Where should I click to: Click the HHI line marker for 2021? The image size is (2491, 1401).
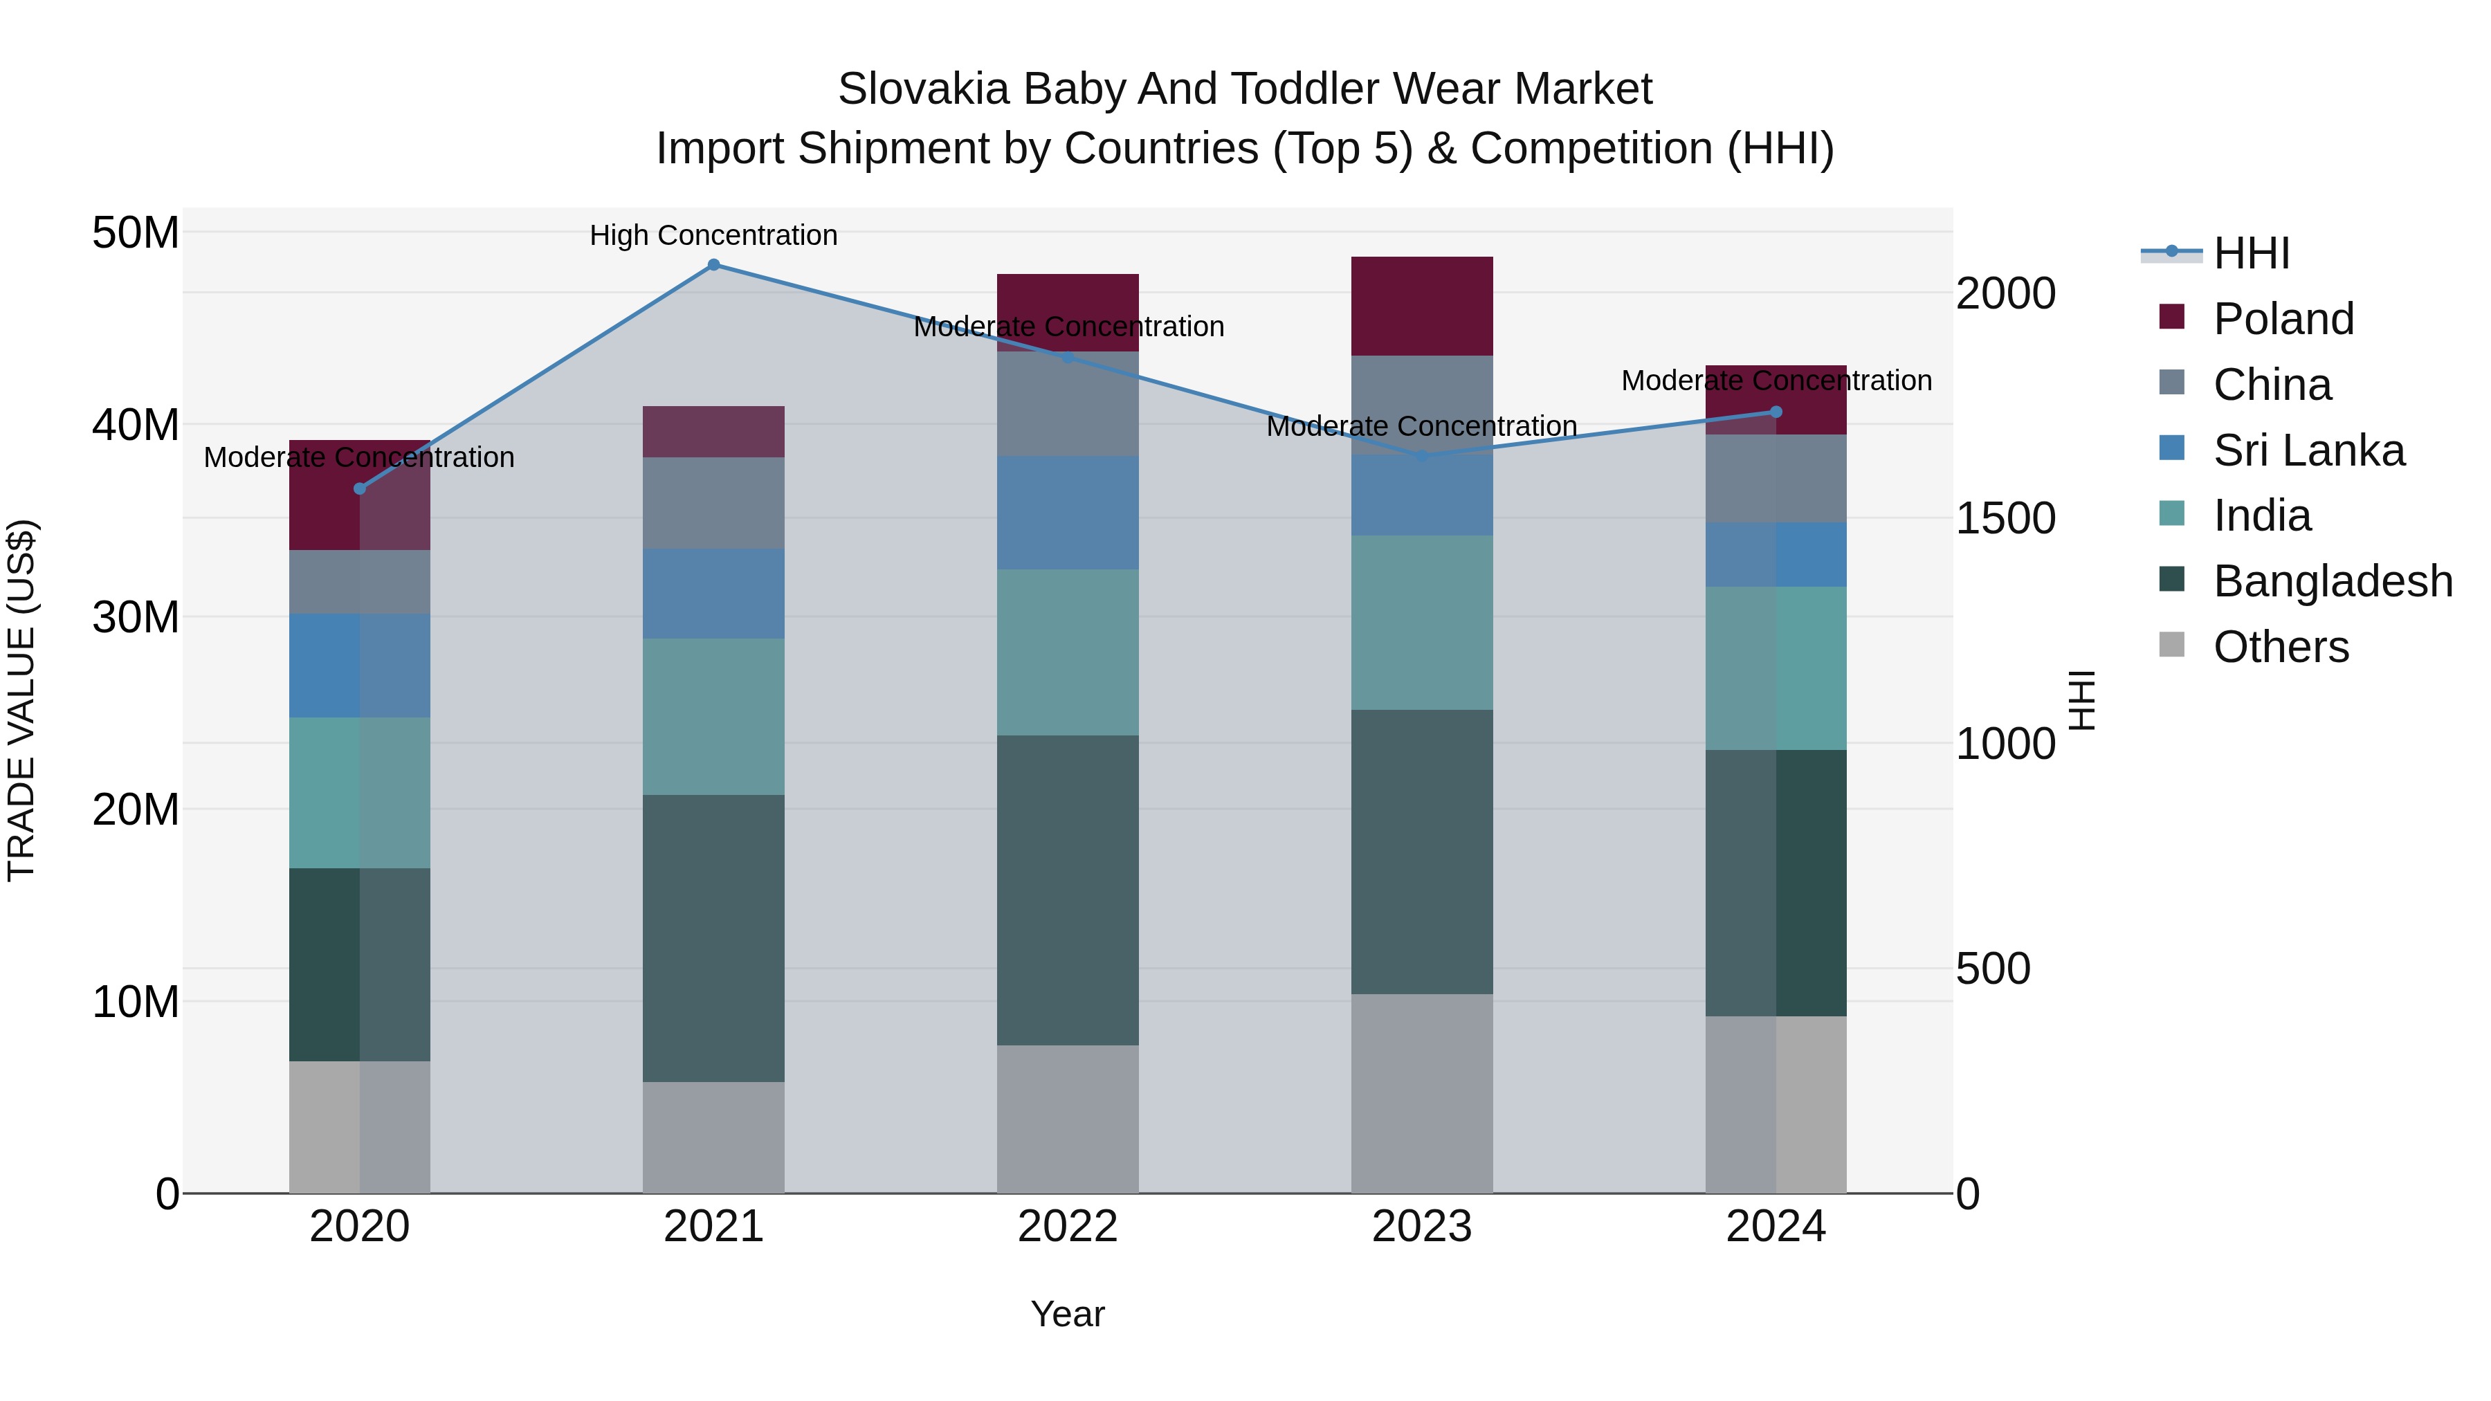pyautogui.click(x=713, y=265)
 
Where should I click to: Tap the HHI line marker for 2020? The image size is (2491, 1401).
pyautogui.click(x=360, y=488)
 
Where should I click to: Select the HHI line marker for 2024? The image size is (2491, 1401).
pyautogui.click(x=1776, y=412)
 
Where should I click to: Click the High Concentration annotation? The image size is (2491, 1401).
pyautogui.click(x=713, y=236)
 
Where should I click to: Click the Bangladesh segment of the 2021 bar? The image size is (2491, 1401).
pyautogui.click(x=713, y=938)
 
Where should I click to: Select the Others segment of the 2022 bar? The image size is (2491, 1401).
pyautogui.click(x=1068, y=1119)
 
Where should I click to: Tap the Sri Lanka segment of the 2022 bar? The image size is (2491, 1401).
pyautogui.click(x=1068, y=513)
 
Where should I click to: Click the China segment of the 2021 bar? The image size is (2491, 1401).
pyautogui.click(x=713, y=503)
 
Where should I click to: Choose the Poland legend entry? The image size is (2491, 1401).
pyautogui.click(x=2282, y=319)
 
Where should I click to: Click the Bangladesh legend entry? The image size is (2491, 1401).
pyautogui.click(x=2331, y=582)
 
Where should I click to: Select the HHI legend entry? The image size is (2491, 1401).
pyautogui.click(x=2250, y=253)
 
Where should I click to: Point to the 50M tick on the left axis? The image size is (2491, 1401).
pyautogui.click(x=136, y=233)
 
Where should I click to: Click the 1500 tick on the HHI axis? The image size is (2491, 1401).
pyautogui.click(x=2005, y=518)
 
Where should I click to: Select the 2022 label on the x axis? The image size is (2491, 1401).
pyautogui.click(x=1068, y=1227)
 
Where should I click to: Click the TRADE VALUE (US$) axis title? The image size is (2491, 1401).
pyautogui.click(x=21, y=700)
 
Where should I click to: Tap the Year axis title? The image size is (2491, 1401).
pyautogui.click(x=1068, y=1314)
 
